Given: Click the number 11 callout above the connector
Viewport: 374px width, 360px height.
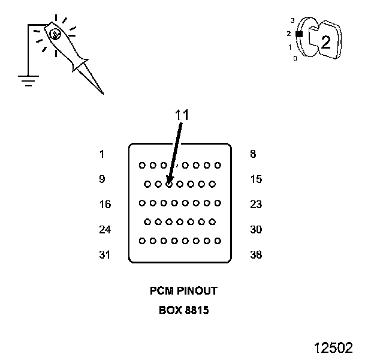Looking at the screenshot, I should (x=182, y=115).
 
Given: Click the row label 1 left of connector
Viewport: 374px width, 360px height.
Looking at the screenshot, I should (x=102, y=154).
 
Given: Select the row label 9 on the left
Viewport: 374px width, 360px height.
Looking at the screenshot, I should (x=102, y=179).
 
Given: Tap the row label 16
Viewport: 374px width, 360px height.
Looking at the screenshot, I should (x=105, y=205).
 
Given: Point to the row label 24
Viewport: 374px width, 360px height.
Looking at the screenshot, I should (x=105, y=230).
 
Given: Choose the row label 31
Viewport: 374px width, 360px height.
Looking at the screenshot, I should (x=105, y=255).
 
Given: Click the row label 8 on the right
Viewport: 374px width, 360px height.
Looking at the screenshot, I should (x=253, y=154).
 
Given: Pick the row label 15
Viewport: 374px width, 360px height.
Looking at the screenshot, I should (x=256, y=179).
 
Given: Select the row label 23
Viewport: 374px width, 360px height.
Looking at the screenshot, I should (x=256, y=205).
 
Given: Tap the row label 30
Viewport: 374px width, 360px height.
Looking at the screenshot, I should (x=256, y=230).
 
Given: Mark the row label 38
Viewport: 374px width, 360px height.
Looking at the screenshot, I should (x=256, y=255).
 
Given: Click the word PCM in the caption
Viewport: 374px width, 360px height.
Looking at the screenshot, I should (x=159, y=291).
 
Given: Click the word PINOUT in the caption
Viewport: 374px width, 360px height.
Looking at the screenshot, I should (x=195, y=291).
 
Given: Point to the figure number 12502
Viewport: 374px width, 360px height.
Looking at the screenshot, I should (x=333, y=348).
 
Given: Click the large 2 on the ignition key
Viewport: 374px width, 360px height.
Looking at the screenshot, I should (x=325, y=42).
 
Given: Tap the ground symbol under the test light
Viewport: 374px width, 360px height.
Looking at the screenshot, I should (x=28, y=80).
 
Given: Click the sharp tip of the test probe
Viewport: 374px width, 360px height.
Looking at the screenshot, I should (x=102, y=93).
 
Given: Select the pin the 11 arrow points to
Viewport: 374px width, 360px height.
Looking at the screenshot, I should (x=169, y=184).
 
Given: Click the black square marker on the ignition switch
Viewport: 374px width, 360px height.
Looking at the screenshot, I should (x=299, y=34).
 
